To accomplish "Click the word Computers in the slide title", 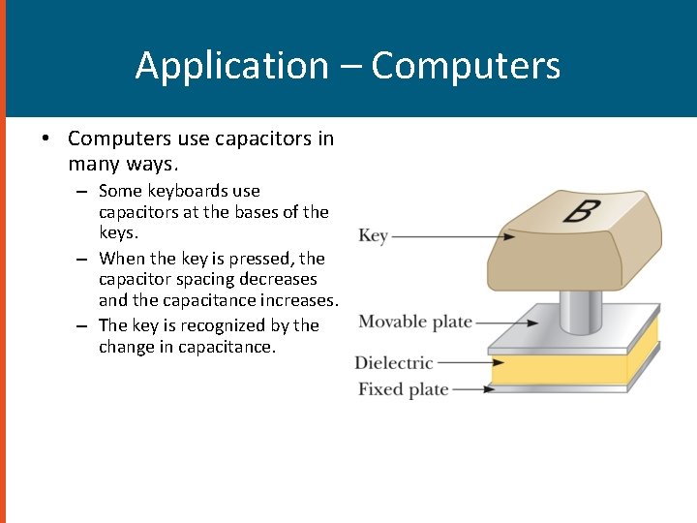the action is pyautogui.click(x=466, y=66).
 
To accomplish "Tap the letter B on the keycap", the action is pyautogui.click(x=578, y=209).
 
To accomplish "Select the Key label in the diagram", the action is pyautogui.click(x=373, y=235).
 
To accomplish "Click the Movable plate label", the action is pyautogui.click(x=415, y=322).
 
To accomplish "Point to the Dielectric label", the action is pyautogui.click(x=393, y=363).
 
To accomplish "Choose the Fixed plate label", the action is pyautogui.click(x=403, y=389).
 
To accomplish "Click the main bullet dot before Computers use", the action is pyautogui.click(x=45, y=138).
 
